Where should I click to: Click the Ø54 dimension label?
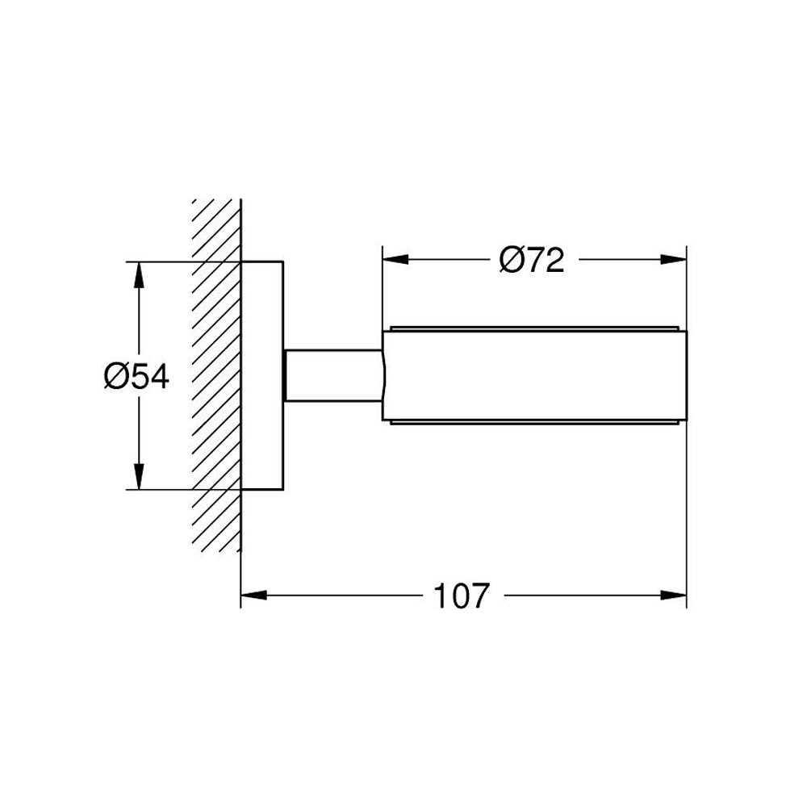point(136,376)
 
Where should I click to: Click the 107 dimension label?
point(462,596)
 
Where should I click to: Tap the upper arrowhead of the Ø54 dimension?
point(138,275)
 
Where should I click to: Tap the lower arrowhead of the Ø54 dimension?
point(138,476)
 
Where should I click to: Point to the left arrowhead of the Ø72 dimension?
point(395,259)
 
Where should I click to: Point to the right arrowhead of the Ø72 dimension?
point(673,259)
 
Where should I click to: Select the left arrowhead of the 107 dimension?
point(253,596)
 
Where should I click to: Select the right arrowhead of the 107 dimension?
point(673,596)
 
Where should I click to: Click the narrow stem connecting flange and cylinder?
point(333,375)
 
